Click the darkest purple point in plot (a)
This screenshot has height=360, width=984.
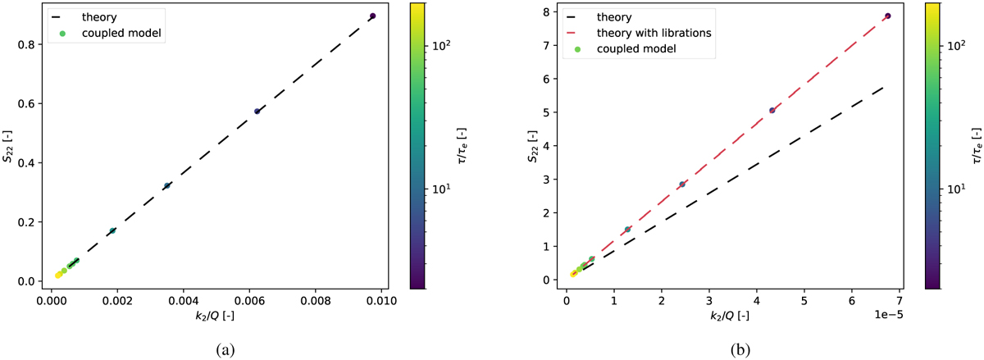point(372,16)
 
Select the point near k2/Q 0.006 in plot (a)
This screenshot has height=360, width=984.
point(257,112)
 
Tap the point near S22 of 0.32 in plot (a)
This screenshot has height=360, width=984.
point(166,186)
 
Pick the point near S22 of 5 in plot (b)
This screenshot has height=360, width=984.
point(772,110)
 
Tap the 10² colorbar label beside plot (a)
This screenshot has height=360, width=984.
point(440,48)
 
